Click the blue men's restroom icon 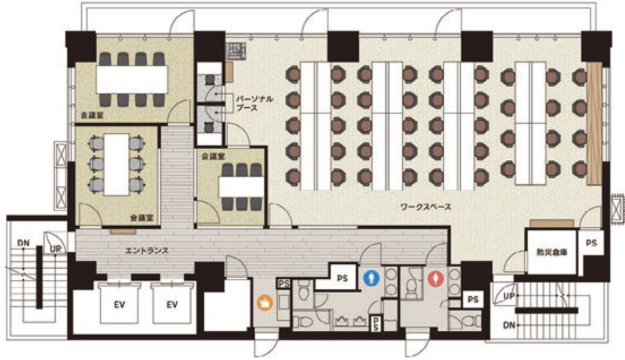click(372, 278)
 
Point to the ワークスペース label click(426, 207)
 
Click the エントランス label click(146, 251)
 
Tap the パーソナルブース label click(254, 103)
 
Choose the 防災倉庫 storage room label click(552, 252)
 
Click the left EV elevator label click(119, 305)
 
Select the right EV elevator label click(172, 305)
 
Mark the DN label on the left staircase click(23, 243)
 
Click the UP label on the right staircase click(509, 296)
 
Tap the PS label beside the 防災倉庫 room click(591, 242)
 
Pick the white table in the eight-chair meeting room click(132, 79)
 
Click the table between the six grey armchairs click(117, 165)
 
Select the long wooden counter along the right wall click(594, 123)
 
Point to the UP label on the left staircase click(55, 249)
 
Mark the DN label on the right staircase click(509, 325)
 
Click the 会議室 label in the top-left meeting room click(92, 115)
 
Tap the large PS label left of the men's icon click(342, 278)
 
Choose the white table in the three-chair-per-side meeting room click(241, 187)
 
